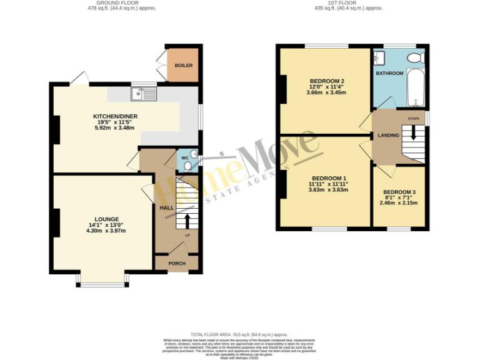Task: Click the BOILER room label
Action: tap(183, 65)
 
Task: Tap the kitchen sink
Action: tap(143, 94)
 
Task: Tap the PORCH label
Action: tap(177, 263)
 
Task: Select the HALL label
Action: tap(167, 207)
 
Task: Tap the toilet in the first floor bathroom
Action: tap(414, 58)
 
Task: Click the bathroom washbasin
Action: tap(379, 58)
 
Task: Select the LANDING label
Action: tap(388, 135)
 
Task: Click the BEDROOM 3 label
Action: tap(398, 192)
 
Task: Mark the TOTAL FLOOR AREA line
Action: tap(241, 334)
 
